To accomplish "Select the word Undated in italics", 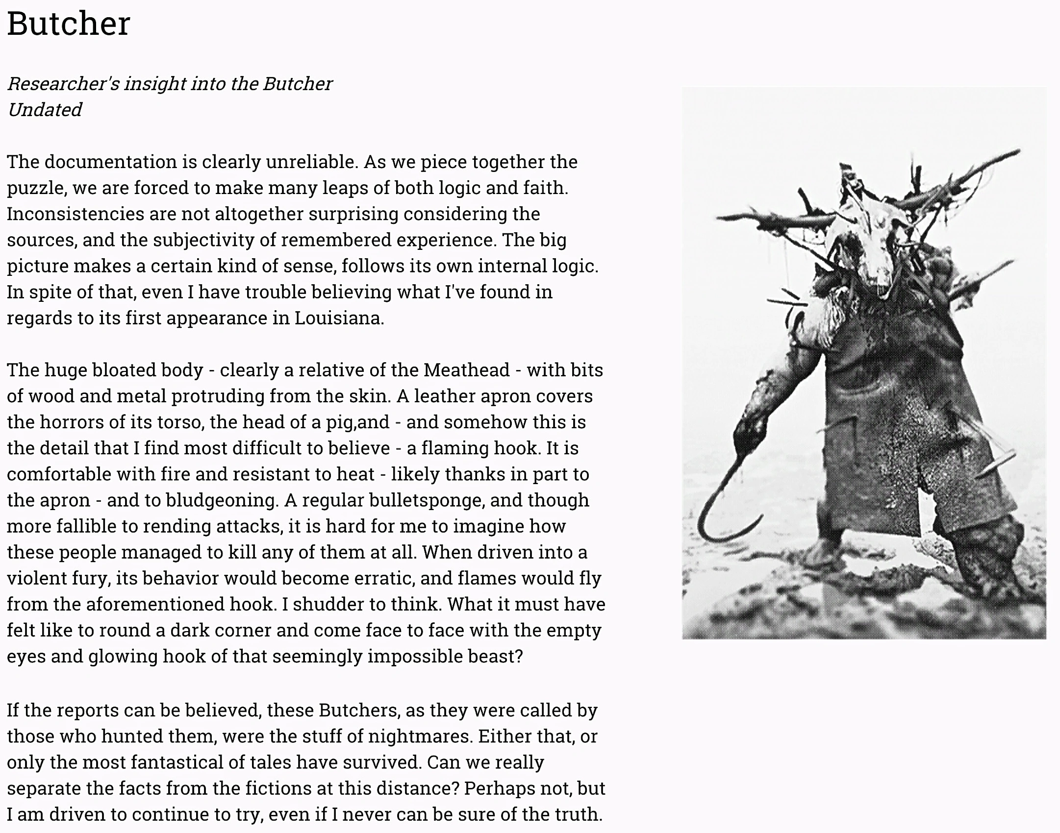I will click(x=45, y=110).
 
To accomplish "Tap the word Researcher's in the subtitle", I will click(x=63, y=84).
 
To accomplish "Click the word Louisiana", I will click(x=338, y=318).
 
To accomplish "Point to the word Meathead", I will click(x=467, y=370).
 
